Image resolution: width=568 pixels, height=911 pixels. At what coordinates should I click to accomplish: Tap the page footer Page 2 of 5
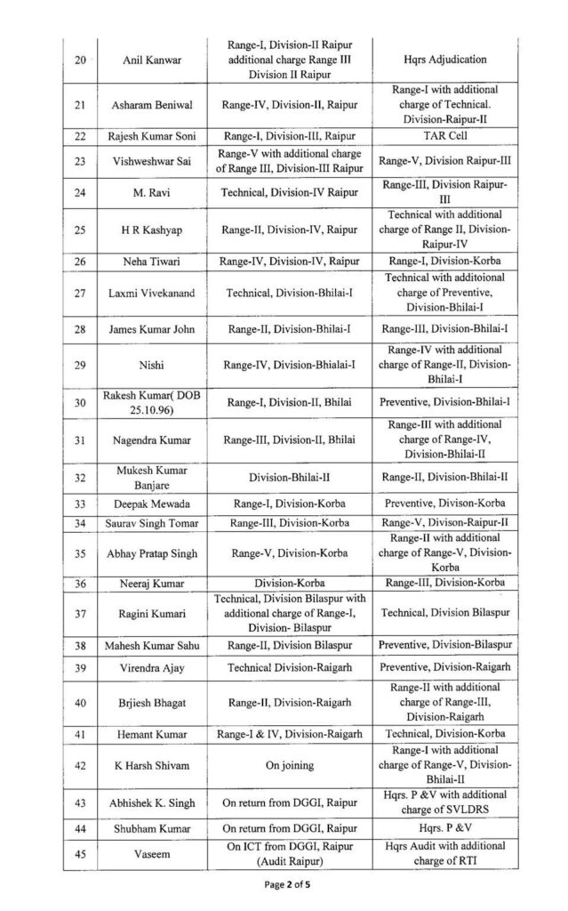pyautogui.click(x=284, y=891)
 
